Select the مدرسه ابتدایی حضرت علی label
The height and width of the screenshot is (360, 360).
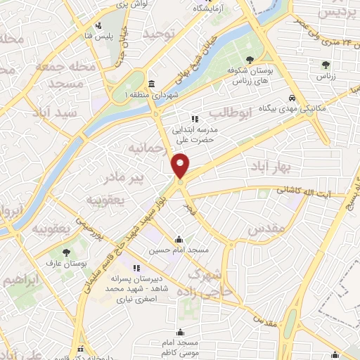197,131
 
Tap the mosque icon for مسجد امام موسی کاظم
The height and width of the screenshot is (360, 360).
181,332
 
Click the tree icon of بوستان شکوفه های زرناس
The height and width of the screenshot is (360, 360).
251,60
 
